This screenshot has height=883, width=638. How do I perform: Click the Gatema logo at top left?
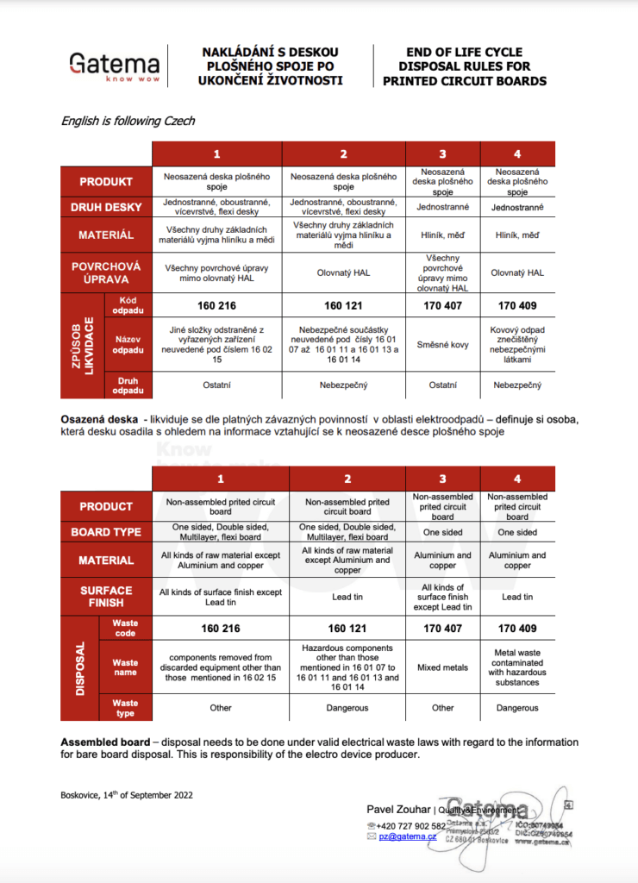click(114, 66)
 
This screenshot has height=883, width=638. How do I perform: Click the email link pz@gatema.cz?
click(408, 836)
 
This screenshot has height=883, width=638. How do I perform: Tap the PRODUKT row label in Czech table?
click(106, 181)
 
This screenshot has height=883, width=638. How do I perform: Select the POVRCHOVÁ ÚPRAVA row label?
click(106, 272)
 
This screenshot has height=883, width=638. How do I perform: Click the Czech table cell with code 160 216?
click(218, 305)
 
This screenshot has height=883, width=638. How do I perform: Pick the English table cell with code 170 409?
click(517, 629)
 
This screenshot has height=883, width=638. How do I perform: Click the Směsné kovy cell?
click(442, 345)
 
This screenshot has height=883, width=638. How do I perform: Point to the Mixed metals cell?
click(442, 667)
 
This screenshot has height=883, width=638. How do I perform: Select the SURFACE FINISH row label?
click(106, 596)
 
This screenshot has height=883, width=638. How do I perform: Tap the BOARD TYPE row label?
click(106, 532)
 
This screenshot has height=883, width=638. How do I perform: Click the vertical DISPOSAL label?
click(79, 667)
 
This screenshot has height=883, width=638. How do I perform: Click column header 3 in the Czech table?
click(442, 154)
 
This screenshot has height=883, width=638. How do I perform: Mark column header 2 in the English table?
click(347, 479)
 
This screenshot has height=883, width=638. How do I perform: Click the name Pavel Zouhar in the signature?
click(397, 809)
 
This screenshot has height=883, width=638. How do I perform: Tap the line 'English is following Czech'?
click(128, 121)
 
